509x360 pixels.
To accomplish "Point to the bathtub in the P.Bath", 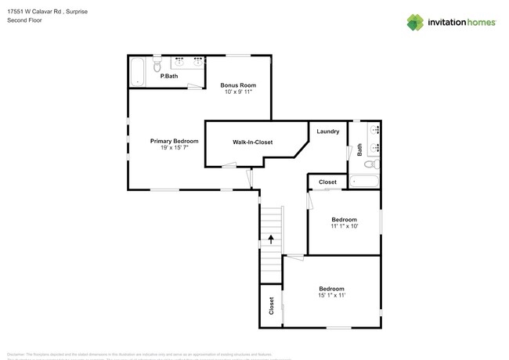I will [x=139, y=71].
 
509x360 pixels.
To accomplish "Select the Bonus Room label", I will [x=238, y=85].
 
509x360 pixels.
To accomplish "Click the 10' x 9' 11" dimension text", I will [x=238, y=92].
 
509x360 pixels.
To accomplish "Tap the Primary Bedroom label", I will [x=174, y=141].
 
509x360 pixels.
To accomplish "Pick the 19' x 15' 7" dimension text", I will [x=174, y=148].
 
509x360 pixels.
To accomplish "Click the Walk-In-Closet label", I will [x=252, y=142].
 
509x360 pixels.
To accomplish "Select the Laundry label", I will [x=327, y=131].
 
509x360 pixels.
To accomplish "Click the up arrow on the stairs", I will [x=271, y=239].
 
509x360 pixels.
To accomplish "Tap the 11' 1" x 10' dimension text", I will [x=344, y=226].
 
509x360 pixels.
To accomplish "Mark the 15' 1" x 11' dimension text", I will [x=332, y=296].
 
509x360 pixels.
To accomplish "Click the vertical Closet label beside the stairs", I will [x=272, y=305].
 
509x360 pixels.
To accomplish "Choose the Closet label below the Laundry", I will [x=327, y=182].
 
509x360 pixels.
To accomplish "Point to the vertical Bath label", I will [x=360, y=149].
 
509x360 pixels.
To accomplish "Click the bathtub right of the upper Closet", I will [x=364, y=182].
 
